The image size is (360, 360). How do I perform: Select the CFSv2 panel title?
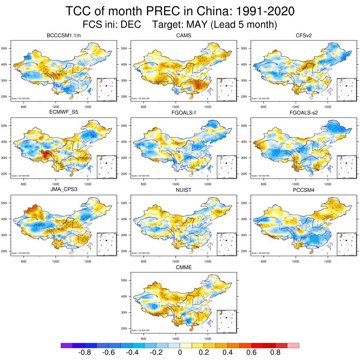[x=304, y=36]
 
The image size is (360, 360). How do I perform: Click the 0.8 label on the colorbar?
[x=275, y=353]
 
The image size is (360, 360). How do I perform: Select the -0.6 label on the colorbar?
[x=108, y=353]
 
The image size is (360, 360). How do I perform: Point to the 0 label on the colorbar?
[x=180, y=353]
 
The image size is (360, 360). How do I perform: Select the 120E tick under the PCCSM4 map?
[x=328, y=261]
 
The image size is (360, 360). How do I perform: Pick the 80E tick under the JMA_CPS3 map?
[x=24, y=261]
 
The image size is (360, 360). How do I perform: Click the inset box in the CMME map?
[x=227, y=321]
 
